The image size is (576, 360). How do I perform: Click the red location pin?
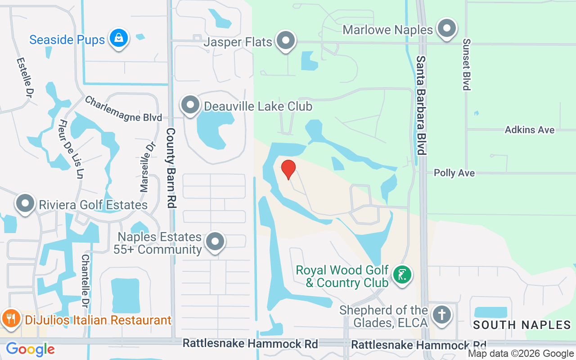[x=288, y=169]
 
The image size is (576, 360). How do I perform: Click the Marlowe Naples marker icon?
[x=446, y=29]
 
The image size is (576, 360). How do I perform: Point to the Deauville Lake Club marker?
[x=190, y=105]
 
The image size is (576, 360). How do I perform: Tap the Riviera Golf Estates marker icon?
[x=25, y=204]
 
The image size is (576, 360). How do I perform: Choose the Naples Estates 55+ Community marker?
[x=215, y=242]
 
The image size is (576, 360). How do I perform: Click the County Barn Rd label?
[x=171, y=167]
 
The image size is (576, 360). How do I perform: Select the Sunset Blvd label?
[x=466, y=64]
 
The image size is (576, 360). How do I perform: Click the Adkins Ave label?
[x=530, y=130]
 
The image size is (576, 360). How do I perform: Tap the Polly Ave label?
[x=454, y=173]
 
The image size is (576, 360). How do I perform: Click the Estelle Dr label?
[x=26, y=77]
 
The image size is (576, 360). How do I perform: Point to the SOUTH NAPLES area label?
[x=522, y=324]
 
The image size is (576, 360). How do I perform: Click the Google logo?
[x=30, y=349]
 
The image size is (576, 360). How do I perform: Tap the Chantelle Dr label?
[x=85, y=278]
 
